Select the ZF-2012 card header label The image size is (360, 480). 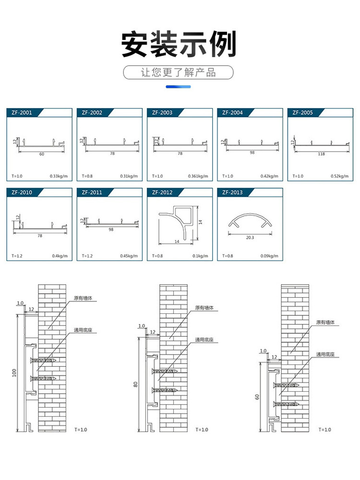click(162, 192)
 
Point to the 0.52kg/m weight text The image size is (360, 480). click(339, 176)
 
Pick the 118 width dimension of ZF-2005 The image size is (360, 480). click(321, 154)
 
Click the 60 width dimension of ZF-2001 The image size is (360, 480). click(41, 154)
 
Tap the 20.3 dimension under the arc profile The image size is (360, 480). click(250, 237)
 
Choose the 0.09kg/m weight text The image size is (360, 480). click(269, 256)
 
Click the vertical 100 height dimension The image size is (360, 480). click(14, 372)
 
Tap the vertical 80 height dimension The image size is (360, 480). click(136, 384)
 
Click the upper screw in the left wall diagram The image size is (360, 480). click(43, 360)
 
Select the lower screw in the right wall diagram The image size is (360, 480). click(286, 404)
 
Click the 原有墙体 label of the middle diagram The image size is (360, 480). click(204, 308)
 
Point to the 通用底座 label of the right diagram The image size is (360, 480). click(325, 355)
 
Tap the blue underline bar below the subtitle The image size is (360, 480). click(178, 87)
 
